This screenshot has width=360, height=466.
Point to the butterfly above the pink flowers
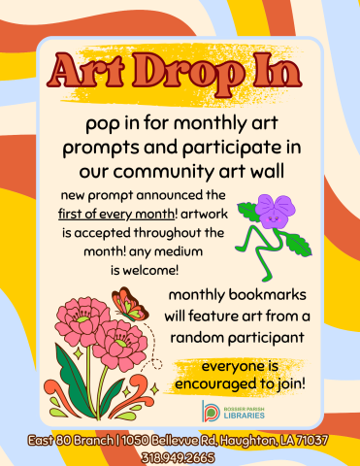127,305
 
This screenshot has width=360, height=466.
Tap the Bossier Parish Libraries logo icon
210,411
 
